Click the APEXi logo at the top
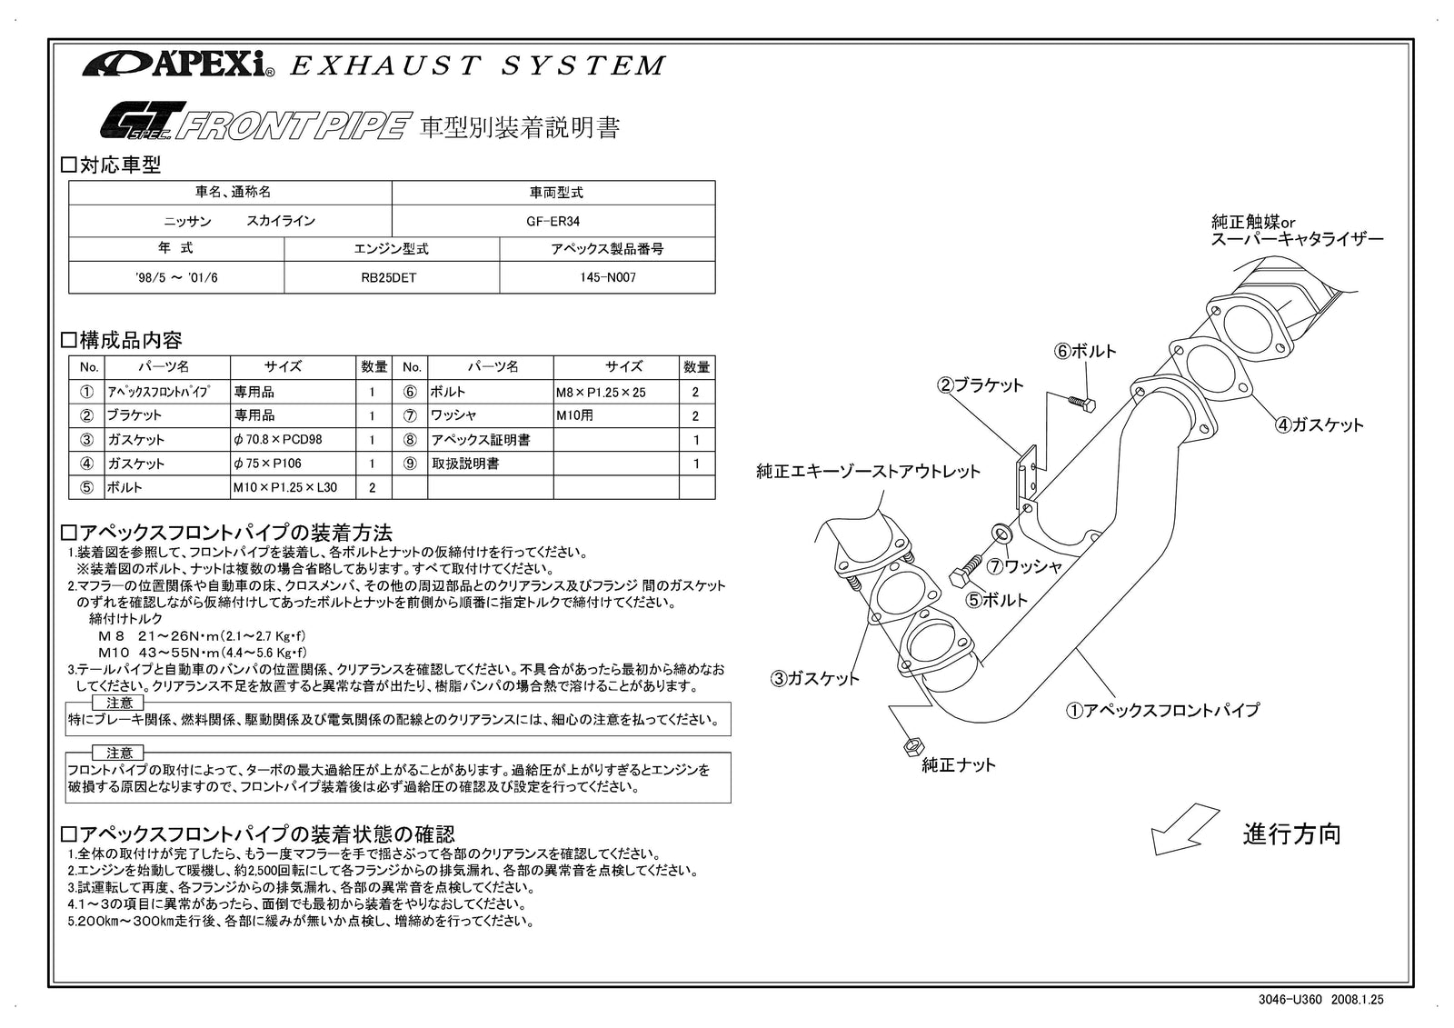coord(178,65)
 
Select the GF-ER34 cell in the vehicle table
coord(553,221)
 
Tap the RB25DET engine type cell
coord(391,277)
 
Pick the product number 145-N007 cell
coord(607,277)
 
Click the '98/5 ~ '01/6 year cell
coord(175,277)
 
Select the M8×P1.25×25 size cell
coord(601,392)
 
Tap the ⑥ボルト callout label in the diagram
coord(1085,351)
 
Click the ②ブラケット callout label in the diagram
coord(981,384)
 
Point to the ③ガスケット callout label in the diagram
coord(815,678)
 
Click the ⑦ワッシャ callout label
coord(1025,566)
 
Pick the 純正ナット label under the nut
coord(959,765)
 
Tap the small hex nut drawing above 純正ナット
coord(909,745)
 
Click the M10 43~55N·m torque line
coord(202,653)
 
